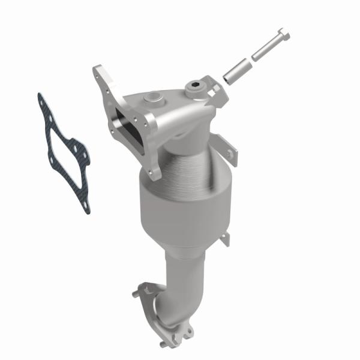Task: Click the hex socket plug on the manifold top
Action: click(194, 90)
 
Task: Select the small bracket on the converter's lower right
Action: click(224, 239)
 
